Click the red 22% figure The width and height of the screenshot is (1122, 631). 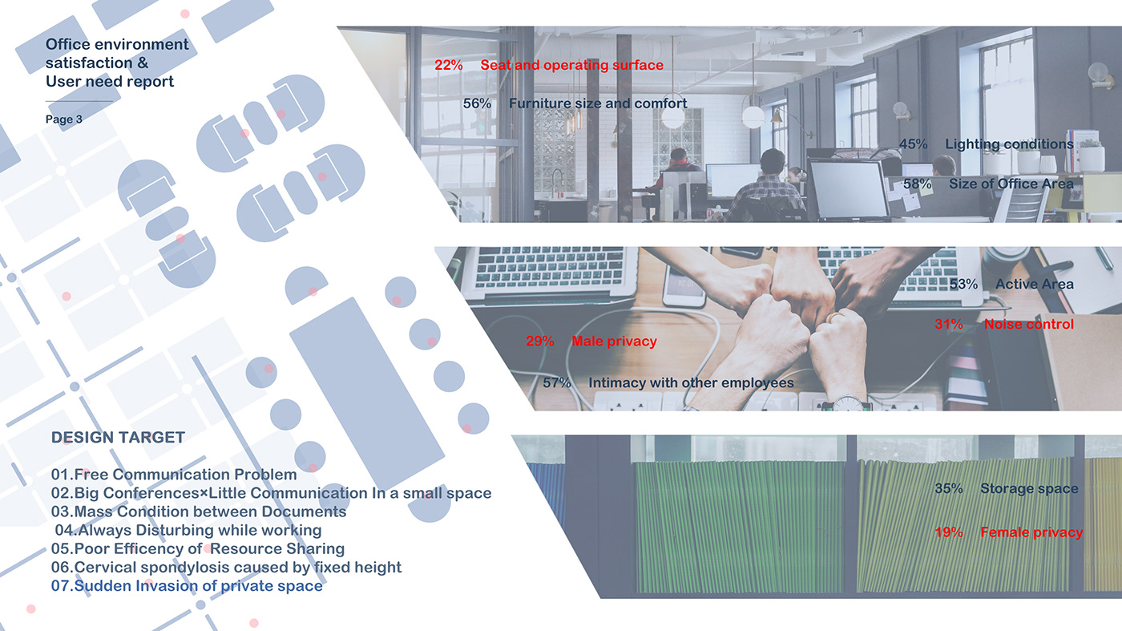[x=448, y=65]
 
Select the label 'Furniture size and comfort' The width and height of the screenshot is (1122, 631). [x=598, y=103]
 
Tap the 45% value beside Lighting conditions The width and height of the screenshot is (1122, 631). [x=913, y=144]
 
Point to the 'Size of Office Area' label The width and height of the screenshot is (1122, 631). [x=1011, y=184]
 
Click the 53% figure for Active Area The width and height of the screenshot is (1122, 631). [x=963, y=284]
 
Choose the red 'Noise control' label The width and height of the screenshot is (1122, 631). [x=1029, y=324]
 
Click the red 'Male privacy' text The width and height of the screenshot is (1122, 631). [x=614, y=342]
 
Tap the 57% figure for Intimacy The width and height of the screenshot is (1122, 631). [x=557, y=383]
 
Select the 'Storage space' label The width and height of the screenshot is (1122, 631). [x=1029, y=488]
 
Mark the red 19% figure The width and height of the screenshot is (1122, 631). [x=949, y=532]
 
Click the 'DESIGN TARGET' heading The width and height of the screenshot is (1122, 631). [x=119, y=438]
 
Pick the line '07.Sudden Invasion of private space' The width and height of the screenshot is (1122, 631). [x=187, y=586]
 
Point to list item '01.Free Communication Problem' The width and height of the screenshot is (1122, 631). [x=174, y=475]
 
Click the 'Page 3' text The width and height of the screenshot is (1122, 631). [x=63, y=119]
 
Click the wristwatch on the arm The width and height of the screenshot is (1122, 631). [x=848, y=403]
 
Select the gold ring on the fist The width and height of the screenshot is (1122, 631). [x=835, y=317]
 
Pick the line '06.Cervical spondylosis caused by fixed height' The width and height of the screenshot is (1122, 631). [x=226, y=568]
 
